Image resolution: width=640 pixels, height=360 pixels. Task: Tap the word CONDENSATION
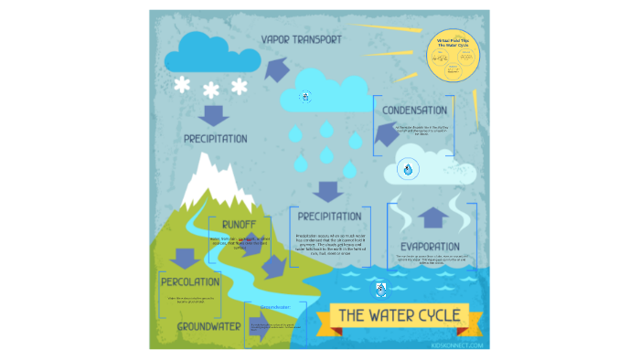coord(414,111)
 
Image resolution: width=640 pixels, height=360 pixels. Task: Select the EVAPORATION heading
coord(429,247)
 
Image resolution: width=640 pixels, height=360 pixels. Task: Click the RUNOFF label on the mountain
coord(238,224)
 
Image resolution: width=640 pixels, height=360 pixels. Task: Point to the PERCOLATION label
coord(190,281)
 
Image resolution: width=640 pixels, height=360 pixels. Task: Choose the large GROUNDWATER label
coord(209,325)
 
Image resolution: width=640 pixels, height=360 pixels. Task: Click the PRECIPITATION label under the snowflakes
coord(215,139)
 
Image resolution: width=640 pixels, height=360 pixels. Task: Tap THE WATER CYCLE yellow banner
coord(399,315)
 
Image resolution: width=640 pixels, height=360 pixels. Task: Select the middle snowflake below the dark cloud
coord(211,89)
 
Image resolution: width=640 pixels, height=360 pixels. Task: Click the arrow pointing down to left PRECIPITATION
coord(214,115)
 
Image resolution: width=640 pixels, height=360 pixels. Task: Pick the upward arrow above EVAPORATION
coord(434,217)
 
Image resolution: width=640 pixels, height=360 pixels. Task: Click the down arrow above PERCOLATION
coord(185,257)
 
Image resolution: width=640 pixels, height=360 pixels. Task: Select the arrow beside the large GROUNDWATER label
coord(259,330)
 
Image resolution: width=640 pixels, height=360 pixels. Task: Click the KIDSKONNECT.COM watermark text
coord(462,345)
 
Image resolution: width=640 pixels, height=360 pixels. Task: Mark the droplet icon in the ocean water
coord(380,290)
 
